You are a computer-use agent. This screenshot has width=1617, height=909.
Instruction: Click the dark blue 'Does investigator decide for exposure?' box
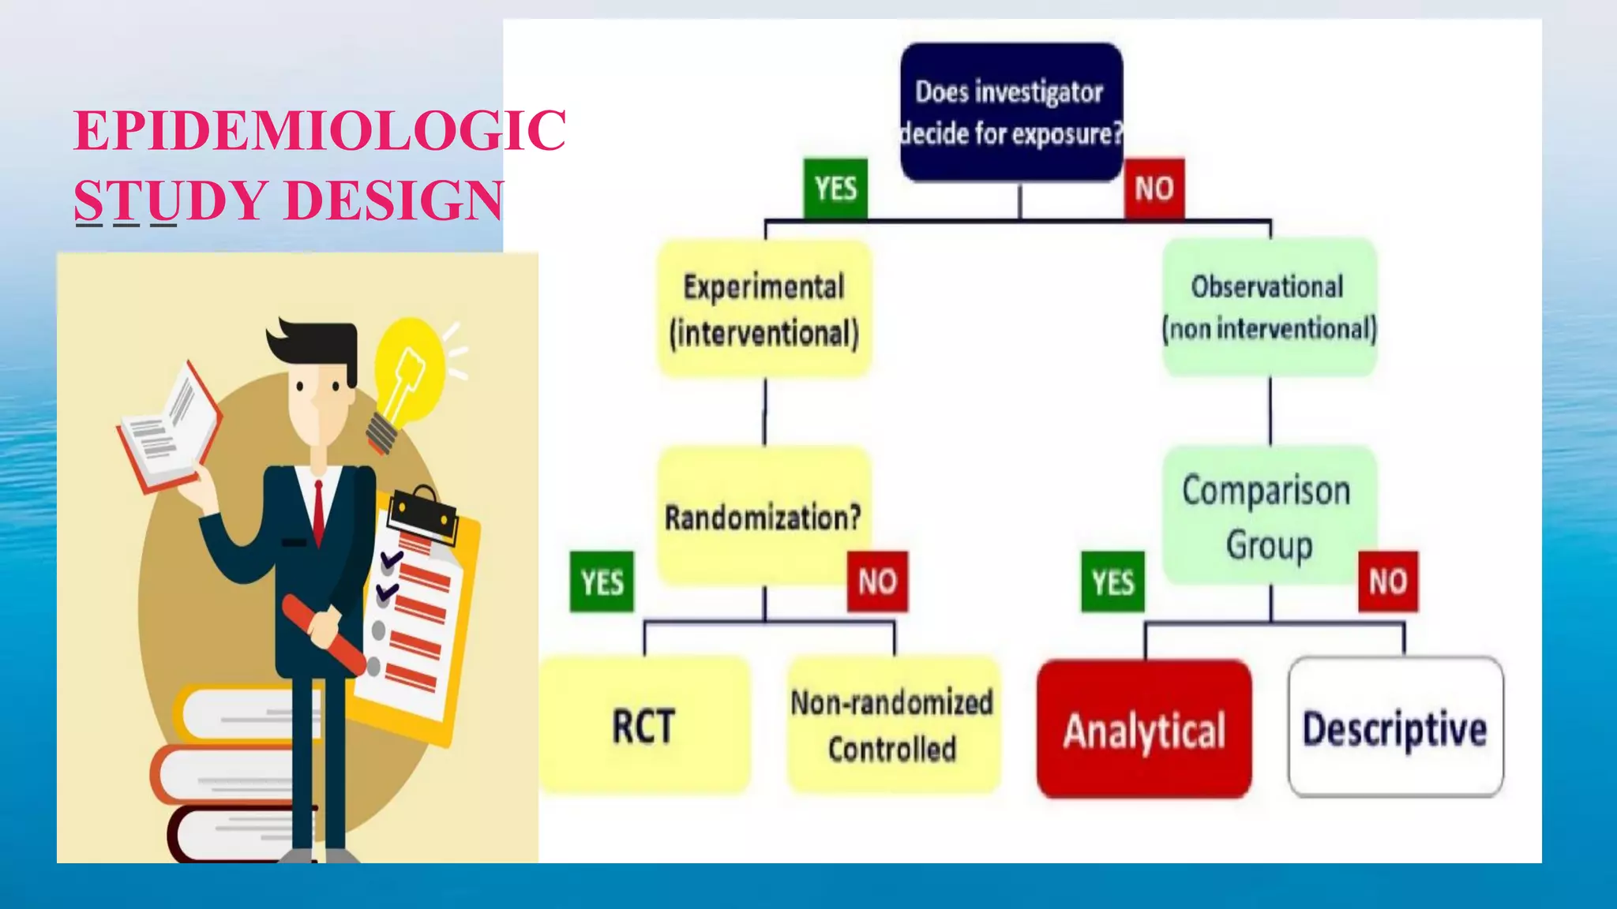(x=1011, y=112)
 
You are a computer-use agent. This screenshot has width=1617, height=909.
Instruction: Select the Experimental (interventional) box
(x=764, y=309)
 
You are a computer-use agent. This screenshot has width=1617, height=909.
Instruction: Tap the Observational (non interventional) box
(x=1270, y=307)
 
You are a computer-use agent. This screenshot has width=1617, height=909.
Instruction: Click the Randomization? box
(x=763, y=517)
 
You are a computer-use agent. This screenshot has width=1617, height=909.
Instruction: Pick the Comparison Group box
(x=1268, y=516)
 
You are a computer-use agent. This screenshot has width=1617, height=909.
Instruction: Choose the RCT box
(x=644, y=725)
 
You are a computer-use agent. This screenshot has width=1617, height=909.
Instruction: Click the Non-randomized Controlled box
(x=893, y=725)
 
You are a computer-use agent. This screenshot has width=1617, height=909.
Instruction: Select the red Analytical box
(x=1144, y=729)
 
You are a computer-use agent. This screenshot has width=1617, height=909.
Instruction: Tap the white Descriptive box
(x=1395, y=728)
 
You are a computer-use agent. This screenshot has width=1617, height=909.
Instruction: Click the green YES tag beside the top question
(x=835, y=189)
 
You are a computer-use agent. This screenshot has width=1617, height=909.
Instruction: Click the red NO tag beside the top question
(x=1154, y=189)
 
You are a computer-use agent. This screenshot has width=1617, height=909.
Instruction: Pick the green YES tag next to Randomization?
(x=602, y=582)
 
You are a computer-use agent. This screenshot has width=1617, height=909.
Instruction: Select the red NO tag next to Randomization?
(x=877, y=582)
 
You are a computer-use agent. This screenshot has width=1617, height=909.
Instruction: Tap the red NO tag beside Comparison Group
(x=1387, y=582)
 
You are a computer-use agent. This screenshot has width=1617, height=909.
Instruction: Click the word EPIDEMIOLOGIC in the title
(x=320, y=130)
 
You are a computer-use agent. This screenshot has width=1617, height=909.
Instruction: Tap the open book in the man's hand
(x=170, y=430)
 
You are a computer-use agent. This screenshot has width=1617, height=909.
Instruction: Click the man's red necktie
(x=318, y=511)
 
